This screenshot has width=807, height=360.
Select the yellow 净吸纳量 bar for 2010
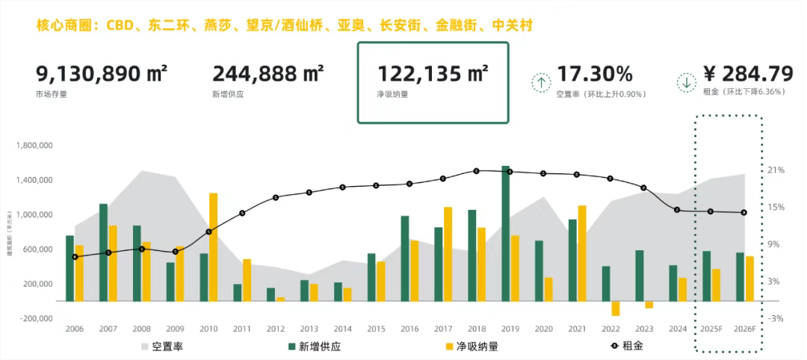pos(213,246)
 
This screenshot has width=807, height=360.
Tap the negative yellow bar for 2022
pos(616,308)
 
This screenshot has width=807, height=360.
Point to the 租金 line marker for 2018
pos(476,171)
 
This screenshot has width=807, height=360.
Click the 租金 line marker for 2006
pos(75,257)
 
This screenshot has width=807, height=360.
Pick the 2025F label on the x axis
pos(711,329)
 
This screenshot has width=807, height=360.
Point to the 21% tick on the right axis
pos(776,170)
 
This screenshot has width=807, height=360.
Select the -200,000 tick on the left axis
pos(34,318)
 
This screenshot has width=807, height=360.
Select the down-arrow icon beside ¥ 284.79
pos(686,81)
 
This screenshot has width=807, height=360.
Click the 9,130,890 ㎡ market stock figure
pos(102,74)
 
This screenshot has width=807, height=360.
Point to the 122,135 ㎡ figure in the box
pos(433,74)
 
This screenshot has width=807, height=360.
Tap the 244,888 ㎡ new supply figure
pos(268,74)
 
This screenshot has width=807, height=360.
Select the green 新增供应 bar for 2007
pos(103,252)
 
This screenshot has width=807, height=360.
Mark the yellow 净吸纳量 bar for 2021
pos(582,253)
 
